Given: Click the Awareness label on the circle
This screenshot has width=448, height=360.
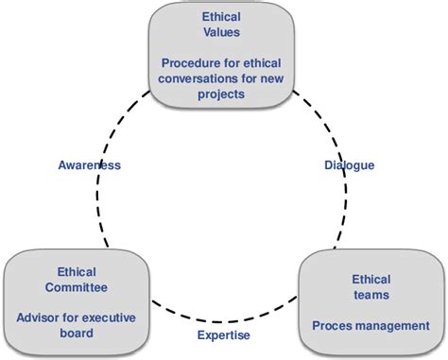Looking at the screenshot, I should [88, 165].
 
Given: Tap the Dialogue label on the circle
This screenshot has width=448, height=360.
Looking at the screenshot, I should [350, 165].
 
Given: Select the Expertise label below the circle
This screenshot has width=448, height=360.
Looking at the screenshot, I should [224, 334].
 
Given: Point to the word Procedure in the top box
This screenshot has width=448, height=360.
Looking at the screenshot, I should [191, 62].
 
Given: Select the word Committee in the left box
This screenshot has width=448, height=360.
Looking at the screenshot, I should [75, 286].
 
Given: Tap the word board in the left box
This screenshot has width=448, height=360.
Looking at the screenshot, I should [75, 332].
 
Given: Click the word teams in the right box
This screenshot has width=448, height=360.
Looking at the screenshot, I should [370, 295].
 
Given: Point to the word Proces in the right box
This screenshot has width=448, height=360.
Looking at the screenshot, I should [334, 326].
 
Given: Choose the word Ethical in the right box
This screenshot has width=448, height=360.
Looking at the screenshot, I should [370, 279].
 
